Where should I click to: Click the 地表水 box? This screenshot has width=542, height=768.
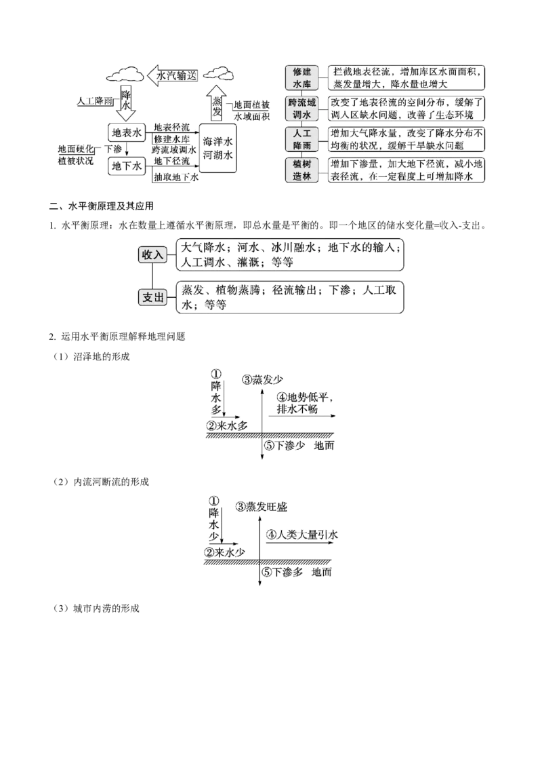coord(126,132)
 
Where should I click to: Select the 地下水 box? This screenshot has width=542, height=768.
coord(126,166)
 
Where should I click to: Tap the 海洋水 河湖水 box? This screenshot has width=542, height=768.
coord(217,148)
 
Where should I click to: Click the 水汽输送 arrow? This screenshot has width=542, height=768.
coord(173,75)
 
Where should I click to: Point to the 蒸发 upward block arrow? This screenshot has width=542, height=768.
coord(216,103)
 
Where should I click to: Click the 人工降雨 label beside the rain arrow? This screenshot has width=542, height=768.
coord(95,101)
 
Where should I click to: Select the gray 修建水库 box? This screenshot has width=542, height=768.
coord(301,78)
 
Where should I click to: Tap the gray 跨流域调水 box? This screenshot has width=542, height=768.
coord(301,109)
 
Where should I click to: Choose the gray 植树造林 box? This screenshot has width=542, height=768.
coord(301,170)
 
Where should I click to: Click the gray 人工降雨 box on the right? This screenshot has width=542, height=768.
coord(301,140)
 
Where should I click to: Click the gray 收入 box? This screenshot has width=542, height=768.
coord(152,254)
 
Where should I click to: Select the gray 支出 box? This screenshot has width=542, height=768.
coord(152,297)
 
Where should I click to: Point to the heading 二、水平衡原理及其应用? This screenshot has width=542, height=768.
coord(102,206)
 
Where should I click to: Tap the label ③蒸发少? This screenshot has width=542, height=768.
coord(262,380)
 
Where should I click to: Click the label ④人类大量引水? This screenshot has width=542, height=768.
coord(301,535)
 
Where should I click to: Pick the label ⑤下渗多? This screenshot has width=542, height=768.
coord(283,572)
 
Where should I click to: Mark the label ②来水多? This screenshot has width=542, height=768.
coord(227,425)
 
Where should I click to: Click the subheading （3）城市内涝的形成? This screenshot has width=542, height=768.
coord(96,609)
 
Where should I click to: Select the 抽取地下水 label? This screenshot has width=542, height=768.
coord(176,177)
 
